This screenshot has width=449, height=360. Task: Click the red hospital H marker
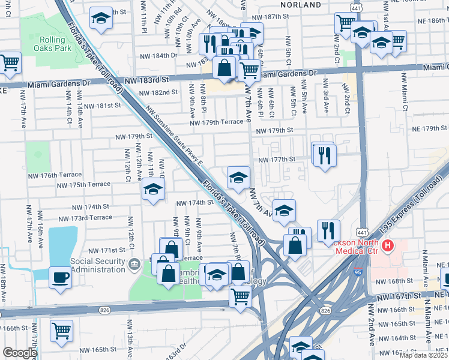388,245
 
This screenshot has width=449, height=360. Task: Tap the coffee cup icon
60,277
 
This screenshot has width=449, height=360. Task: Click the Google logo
20,353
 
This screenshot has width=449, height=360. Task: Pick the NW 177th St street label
277,160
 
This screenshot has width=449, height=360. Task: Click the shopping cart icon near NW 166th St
61,330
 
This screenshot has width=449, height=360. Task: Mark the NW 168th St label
394,281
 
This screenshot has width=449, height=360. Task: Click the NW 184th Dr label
158,55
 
